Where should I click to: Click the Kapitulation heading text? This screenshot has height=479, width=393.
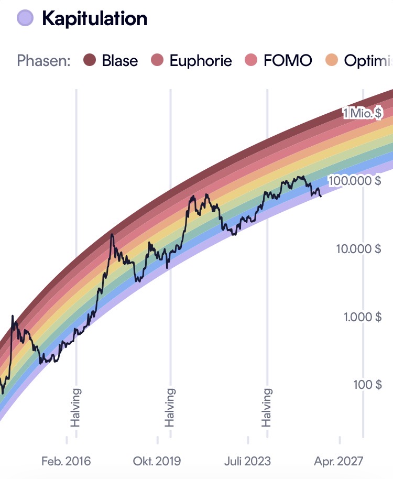95,19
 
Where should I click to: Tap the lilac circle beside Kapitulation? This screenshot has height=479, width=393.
25,18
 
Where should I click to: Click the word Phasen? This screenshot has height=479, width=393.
43,60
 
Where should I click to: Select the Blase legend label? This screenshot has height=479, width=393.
119,60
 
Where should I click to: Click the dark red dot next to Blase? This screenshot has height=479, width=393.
90,60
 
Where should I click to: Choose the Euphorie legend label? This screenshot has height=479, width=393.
201,61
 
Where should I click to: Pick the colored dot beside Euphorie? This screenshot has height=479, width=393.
157,60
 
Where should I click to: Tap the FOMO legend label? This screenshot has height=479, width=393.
288,60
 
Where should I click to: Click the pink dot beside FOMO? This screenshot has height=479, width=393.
252,60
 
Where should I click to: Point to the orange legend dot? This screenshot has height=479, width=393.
332,60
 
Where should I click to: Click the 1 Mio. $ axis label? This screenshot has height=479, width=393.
362,113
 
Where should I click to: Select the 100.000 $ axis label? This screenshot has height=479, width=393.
355,180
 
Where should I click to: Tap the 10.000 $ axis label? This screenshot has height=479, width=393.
359,248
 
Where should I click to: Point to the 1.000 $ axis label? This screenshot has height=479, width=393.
363,317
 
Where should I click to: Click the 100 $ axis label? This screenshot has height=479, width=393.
368,384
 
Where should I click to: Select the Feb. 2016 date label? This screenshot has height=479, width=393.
66,461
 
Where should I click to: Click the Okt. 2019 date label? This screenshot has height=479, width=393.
157,461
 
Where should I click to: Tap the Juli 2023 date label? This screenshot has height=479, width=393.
248,461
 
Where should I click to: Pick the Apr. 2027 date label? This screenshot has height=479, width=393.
339,461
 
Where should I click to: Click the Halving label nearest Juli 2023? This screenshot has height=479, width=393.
267,408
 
